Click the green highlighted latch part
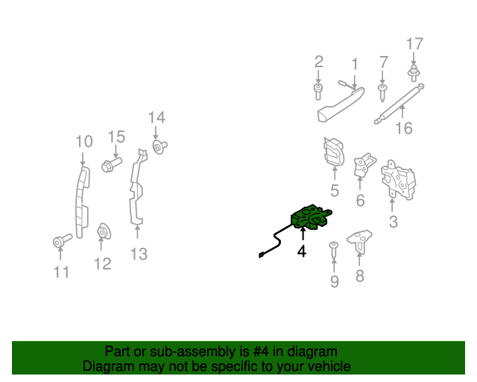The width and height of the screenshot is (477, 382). (309, 218)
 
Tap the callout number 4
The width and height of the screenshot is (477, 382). (302, 251)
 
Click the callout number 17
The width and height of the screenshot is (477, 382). (414, 44)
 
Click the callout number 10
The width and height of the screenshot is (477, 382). (83, 141)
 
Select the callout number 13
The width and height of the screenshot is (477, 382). (139, 254)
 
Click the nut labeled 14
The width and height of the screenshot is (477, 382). (159, 147)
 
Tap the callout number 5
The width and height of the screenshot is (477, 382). (335, 191)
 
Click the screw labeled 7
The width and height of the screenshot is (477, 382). (382, 92)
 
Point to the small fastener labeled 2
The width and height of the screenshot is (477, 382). (318, 92)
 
